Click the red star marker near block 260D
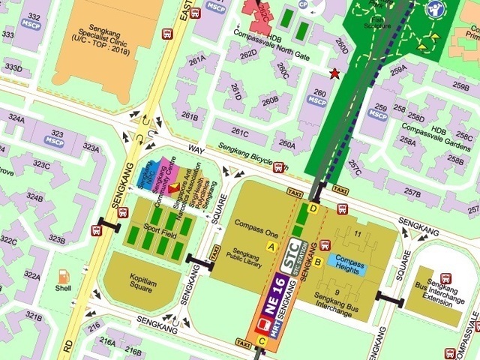point(334,73)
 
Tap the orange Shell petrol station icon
point(64,276)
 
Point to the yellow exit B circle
point(318,262)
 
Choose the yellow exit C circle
point(262,341)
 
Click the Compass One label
point(256,223)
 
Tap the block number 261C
point(240,132)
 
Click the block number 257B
point(412,193)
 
